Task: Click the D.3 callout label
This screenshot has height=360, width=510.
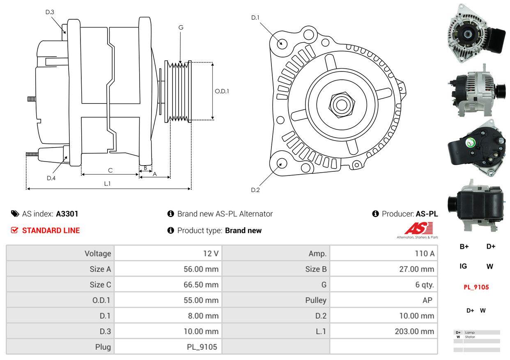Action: pyautogui.click(x=50, y=12)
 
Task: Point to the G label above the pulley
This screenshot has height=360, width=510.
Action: pyautogui.click(x=181, y=28)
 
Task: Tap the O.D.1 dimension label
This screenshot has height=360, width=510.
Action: pyautogui.click(x=222, y=91)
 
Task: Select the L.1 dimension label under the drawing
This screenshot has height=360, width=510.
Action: pyautogui.click(x=107, y=184)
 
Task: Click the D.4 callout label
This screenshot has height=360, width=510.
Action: pyautogui.click(x=51, y=178)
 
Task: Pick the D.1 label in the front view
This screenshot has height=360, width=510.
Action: pyautogui.click(x=255, y=17)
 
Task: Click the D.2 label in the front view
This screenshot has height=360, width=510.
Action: pyautogui.click(x=255, y=190)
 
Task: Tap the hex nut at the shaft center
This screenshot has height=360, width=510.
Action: pyautogui.click(x=340, y=104)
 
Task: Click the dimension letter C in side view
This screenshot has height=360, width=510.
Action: pyautogui.click(x=110, y=170)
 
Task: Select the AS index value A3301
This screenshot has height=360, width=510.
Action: pyautogui.click(x=67, y=214)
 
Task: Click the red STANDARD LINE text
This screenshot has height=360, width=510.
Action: pyautogui.click(x=51, y=231)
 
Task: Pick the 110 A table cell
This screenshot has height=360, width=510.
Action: pyautogui.click(x=425, y=254)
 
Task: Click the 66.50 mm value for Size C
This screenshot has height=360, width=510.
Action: pyautogui.click(x=201, y=284)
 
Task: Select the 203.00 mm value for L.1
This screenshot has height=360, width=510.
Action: pyautogui.click(x=414, y=331)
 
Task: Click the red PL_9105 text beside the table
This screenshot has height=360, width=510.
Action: pyautogui.click(x=476, y=287)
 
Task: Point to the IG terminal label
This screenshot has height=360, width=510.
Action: pyautogui.click(x=463, y=266)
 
